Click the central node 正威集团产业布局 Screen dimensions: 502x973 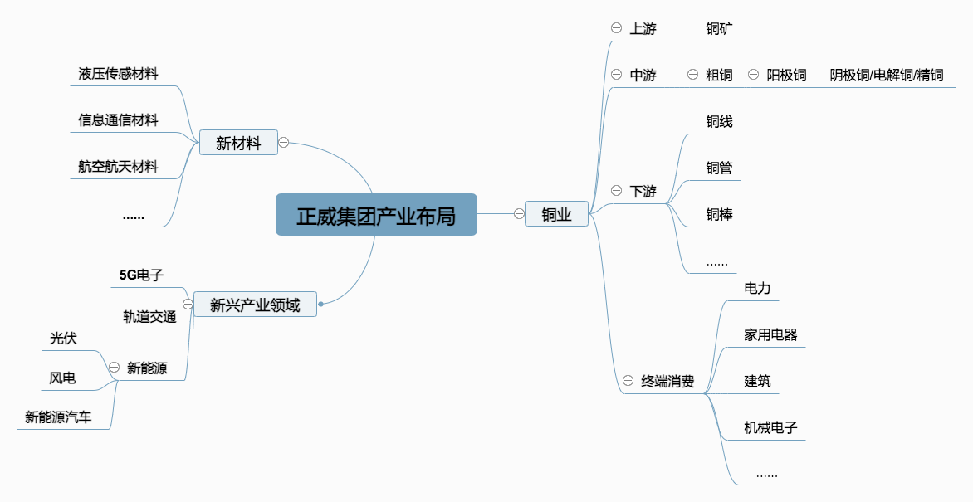[x=376, y=215]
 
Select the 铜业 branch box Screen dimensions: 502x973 [x=556, y=214]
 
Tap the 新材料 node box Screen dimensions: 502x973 [x=238, y=144]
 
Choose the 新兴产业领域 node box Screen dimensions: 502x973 [x=255, y=305]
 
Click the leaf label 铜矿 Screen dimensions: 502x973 [x=719, y=29]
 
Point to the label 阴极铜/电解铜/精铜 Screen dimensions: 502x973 [x=887, y=76]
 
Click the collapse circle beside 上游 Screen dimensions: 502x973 [x=616, y=28]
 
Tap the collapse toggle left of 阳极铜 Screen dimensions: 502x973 [x=753, y=75]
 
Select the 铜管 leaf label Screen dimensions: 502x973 [x=719, y=168]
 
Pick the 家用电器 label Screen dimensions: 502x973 [x=770, y=335]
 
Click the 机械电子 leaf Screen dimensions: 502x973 [x=770, y=428]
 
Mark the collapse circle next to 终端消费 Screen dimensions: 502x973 [x=628, y=382]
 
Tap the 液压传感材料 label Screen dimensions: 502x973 [x=118, y=74]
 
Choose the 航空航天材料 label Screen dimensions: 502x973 [x=118, y=167]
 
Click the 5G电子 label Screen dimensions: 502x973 [x=141, y=275]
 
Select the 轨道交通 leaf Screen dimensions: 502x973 [x=149, y=316]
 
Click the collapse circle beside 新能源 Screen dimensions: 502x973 [x=114, y=368]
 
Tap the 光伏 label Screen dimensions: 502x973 [x=63, y=339]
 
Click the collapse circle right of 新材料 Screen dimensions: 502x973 [x=283, y=143]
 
